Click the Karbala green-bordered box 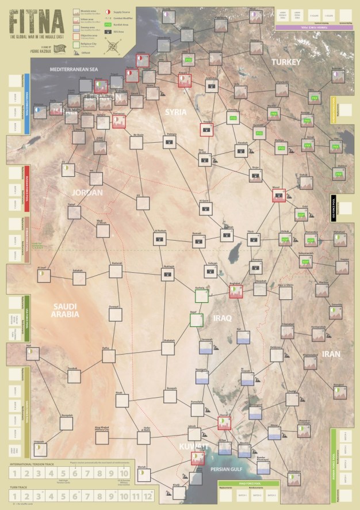[x=201, y=295]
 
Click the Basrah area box [x=224, y=424]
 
